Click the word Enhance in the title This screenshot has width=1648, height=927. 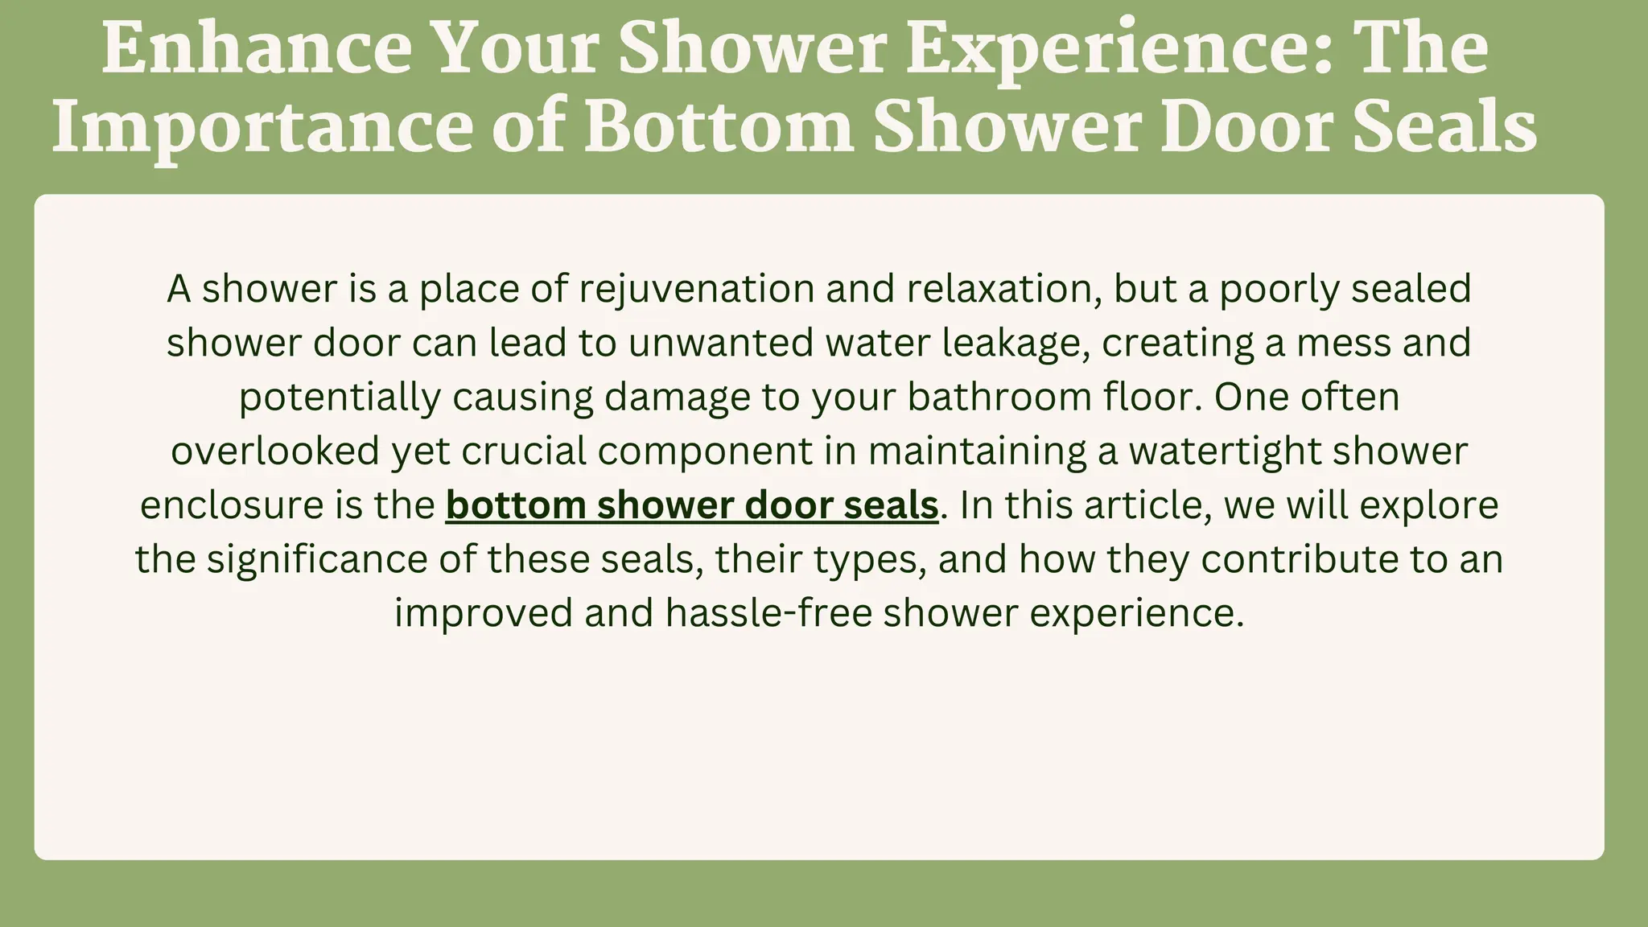pyautogui.click(x=257, y=49)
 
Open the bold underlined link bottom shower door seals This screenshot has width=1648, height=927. pyautogui.click(x=692, y=505)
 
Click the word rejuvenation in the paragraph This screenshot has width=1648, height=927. pyautogui.click(x=697, y=289)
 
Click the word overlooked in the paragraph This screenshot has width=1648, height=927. pyautogui.click(x=275, y=451)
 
